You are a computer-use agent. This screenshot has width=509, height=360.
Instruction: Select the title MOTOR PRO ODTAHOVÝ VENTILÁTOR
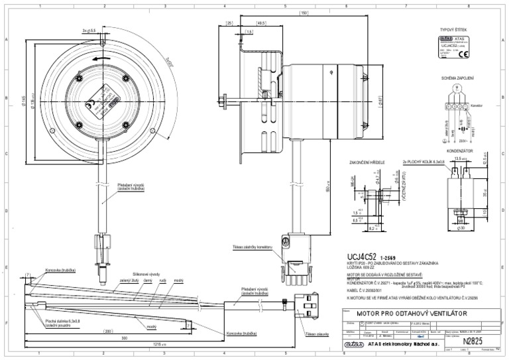[412, 312]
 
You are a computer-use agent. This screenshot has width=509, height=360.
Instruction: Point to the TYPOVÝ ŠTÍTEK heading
[453, 30]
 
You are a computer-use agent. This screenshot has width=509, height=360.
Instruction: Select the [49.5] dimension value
[260, 23]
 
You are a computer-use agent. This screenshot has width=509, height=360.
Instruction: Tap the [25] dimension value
[230, 23]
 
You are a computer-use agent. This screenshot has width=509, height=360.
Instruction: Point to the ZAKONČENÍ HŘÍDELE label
[367, 162]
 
